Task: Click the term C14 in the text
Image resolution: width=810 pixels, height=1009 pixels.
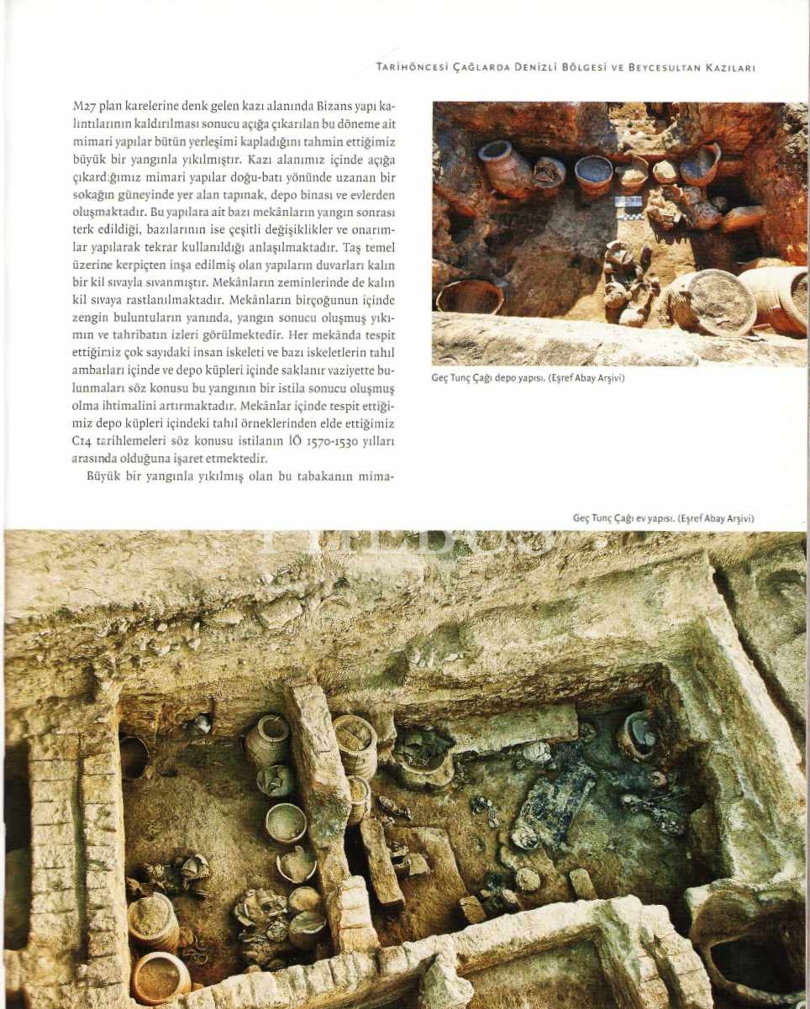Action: pyautogui.click(x=82, y=441)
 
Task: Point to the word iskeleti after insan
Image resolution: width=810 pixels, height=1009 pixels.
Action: pyautogui.click(x=239, y=353)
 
